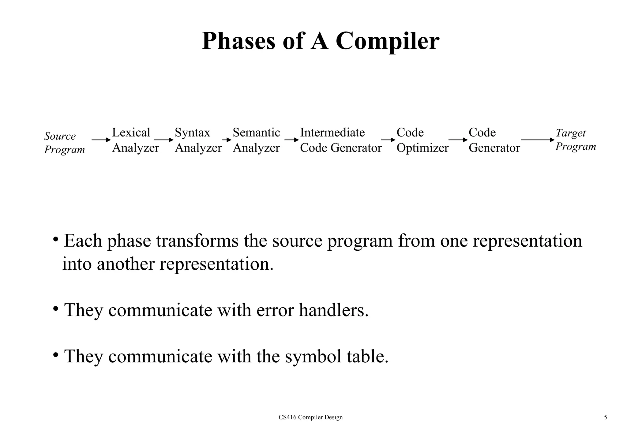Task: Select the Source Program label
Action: (x=64, y=143)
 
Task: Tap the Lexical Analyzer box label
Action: (x=135, y=140)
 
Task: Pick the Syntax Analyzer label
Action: (x=198, y=140)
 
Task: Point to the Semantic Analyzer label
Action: (x=256, y=140)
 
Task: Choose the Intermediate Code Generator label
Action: (x=340, y=140)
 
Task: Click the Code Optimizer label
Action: (x=422, y=140)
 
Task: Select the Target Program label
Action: (x=575, y=140)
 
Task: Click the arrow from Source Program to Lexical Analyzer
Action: (x=101, y=140)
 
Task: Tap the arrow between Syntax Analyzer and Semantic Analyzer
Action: (x=227, y=140)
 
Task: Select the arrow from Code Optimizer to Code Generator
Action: (x=458, y=140)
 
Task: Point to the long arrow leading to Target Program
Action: (x=538, y=140)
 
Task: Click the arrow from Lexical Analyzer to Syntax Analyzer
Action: (x=164, y=140)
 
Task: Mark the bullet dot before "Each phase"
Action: (x=55, y=239)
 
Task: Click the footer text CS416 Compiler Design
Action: (x=310, y=417)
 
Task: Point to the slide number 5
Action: (x=605, y=417)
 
